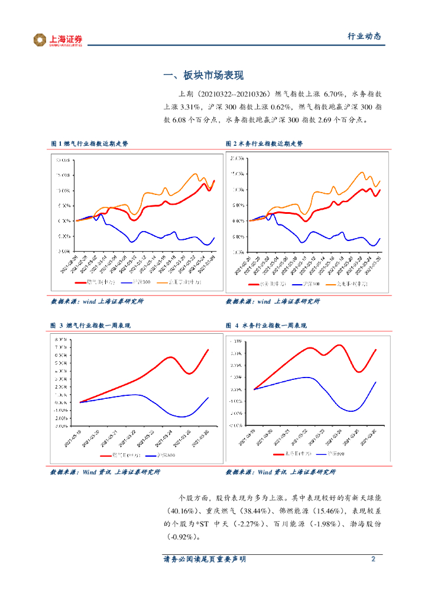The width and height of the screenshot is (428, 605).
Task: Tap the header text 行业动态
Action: pyautogui.click(x=364, y=37)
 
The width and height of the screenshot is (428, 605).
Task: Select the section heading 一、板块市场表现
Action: pyautogui.click(x=203, y=76)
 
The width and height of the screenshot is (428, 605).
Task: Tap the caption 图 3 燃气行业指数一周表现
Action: pyautogui.click(x=90, y=326)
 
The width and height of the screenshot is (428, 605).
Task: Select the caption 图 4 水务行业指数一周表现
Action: pyautogui.click(x=266, y=326)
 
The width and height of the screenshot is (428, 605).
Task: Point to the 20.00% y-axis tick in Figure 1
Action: pyautogui.click(x=63, y=160)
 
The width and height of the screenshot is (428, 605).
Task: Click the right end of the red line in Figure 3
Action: pyautogui.click(x=208, y=350)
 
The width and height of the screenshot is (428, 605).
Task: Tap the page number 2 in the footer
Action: pyautogui.click(x=373, y=559)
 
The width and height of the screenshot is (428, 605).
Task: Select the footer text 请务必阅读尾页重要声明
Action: pyautogui.click(x=205, y=559)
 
